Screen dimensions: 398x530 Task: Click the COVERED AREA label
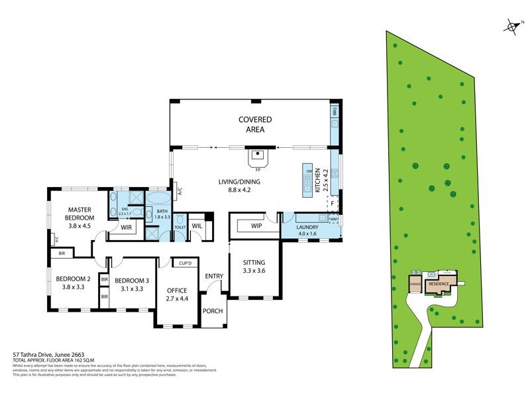[x=255, y=124]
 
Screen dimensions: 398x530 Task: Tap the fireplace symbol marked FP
[x=256, y=158]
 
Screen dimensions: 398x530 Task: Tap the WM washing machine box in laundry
[x=333, y=218]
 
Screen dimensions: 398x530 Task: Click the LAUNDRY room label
[x=307, y=230]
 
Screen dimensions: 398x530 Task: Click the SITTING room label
[x=254, y=267]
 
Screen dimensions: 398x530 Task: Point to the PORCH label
[x=213, y=311]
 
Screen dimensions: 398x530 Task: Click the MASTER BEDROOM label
[x=79, y=217]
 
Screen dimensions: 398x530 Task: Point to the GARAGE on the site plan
[x=415, y=285]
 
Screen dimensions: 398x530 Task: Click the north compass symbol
[x=511, y=27]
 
